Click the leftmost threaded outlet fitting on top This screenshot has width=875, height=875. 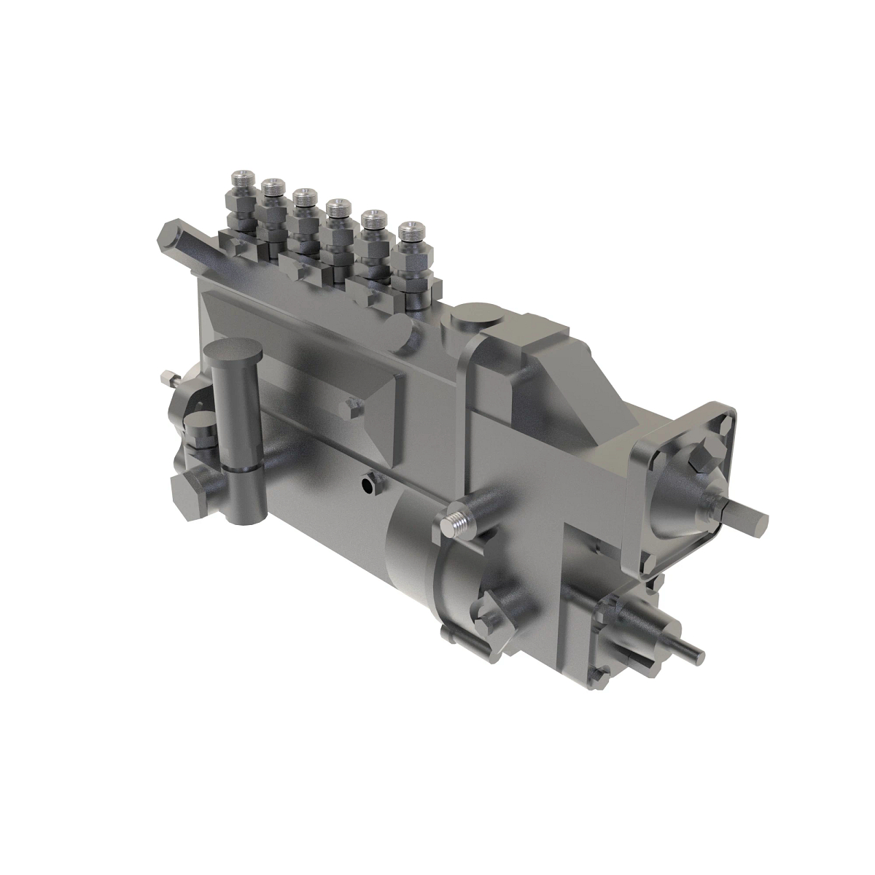pos(241,179)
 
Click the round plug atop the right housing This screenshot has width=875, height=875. pos(470,319)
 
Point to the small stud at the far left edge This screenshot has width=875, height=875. pos(167,379)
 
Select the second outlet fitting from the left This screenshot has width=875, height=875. pos(273,189)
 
